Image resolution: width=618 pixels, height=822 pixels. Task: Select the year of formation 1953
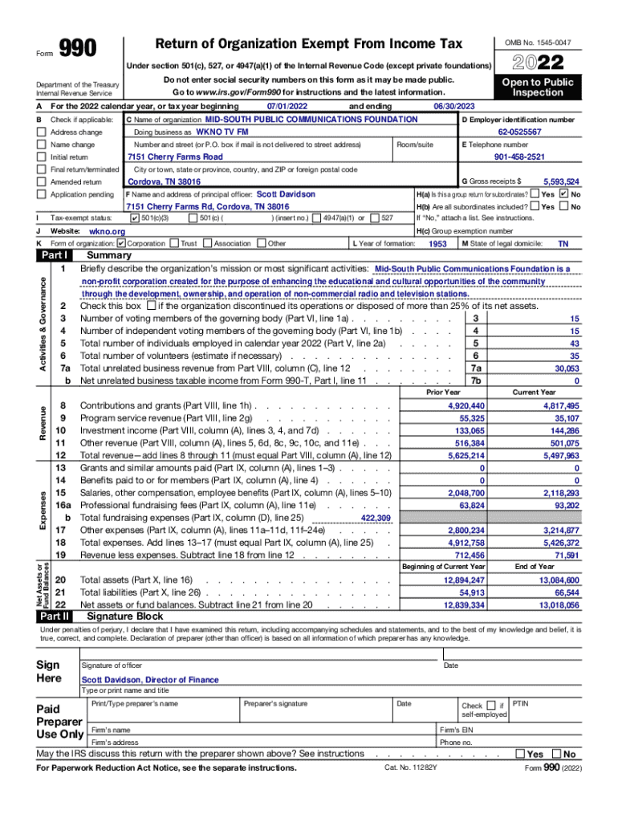[x=437, y=243]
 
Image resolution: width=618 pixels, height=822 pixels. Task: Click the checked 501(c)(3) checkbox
[x=134, y=218]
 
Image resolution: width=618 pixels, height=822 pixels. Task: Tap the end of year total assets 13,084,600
[x=559, y=580]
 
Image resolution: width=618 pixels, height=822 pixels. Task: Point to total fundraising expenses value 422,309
[x=376, y=519]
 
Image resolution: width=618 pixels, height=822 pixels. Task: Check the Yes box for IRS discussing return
[x=521, y=754]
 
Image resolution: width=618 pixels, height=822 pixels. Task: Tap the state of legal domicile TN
[x=563, y=243]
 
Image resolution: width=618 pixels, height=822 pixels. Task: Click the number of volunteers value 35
[x=574, y=356]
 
